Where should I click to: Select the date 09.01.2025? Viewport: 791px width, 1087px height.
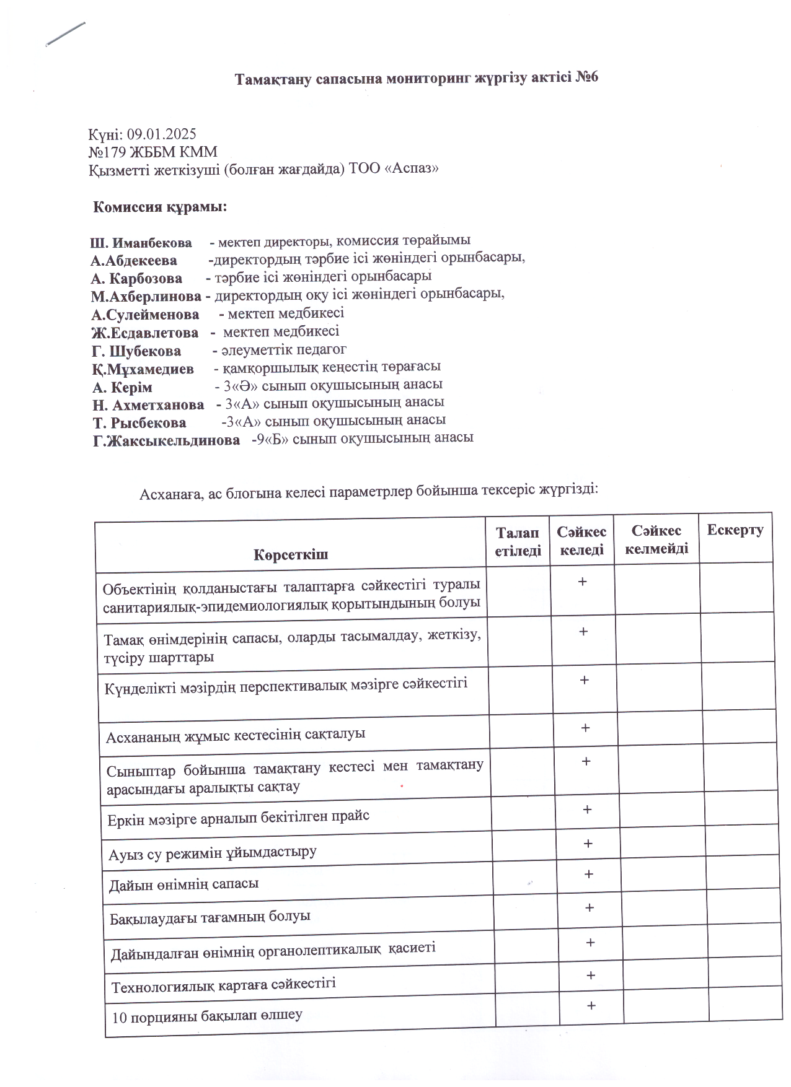(162, 134)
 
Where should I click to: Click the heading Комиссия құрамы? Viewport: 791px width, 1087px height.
(160, 207)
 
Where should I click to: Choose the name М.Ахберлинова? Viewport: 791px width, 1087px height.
(146, 296)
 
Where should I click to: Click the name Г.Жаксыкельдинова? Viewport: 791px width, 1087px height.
(166, 440)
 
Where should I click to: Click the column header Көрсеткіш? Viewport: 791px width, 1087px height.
(291, 554)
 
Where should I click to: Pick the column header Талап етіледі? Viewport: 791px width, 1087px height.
(518, 541)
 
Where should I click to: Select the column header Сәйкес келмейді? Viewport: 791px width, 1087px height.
(656, 539)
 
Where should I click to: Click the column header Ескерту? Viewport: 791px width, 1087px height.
(735, 530)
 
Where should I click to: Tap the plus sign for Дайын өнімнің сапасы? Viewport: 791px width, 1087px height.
(588, 874)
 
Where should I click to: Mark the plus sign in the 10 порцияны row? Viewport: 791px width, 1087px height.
(591, 1005)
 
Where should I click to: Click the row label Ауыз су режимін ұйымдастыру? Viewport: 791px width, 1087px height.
(213, 852)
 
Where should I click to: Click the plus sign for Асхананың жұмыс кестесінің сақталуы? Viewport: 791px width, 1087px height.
(585, 728)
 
